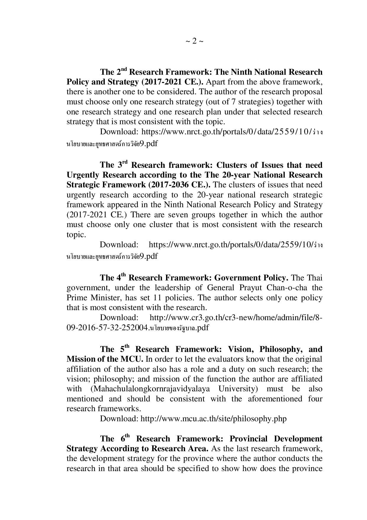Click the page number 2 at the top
click(194, 41)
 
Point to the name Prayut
click(249, 288)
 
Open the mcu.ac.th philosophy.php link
click(213, 419)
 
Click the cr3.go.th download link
click(236, 318)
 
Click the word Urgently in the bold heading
click(83, 175)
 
